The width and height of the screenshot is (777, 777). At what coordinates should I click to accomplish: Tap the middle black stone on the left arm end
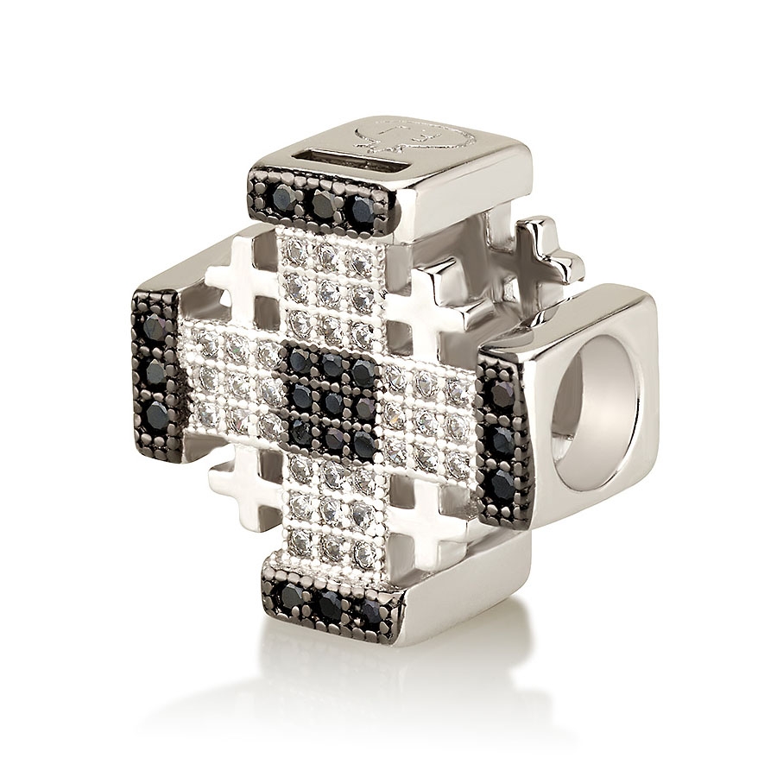(155, 370)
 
